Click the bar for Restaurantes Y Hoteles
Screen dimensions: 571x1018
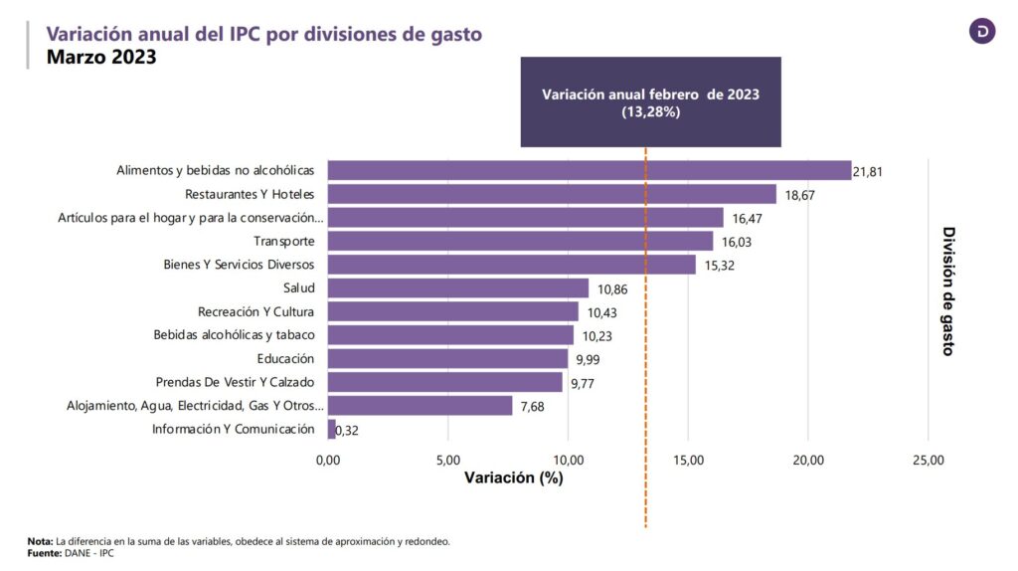552,194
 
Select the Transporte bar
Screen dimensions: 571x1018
520,242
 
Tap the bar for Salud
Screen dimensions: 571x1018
457,288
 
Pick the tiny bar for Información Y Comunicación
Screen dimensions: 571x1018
331,430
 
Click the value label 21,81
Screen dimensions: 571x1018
868,172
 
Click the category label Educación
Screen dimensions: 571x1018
285,359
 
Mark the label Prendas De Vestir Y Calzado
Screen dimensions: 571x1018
235,382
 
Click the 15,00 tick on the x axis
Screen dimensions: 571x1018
688,460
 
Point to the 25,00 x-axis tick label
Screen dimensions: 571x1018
928,460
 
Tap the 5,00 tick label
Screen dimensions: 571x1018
447,460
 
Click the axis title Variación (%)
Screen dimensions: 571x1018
513,477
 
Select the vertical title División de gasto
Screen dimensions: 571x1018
948,290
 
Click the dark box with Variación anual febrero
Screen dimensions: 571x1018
650,102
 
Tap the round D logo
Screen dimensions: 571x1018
982,31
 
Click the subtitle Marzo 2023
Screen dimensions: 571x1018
101,58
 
